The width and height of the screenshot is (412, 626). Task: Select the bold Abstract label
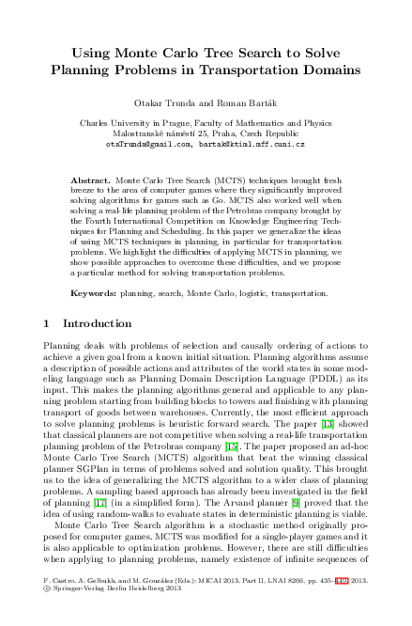tap(89, 178)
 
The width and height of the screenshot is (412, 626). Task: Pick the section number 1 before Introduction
tap(49, 323)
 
